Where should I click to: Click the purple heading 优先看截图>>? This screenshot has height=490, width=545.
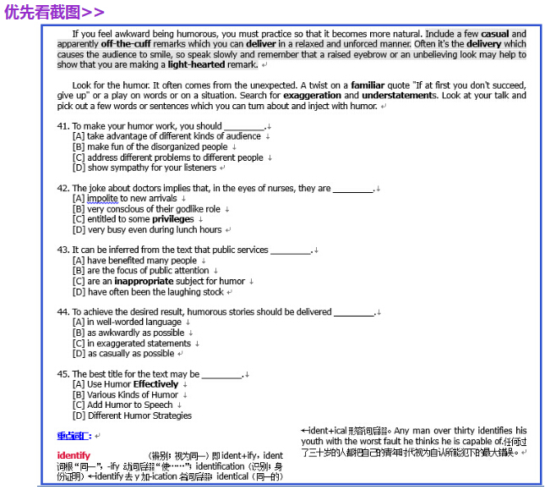54,12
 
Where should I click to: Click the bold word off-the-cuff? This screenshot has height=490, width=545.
126,43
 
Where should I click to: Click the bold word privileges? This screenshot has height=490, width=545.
174,219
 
